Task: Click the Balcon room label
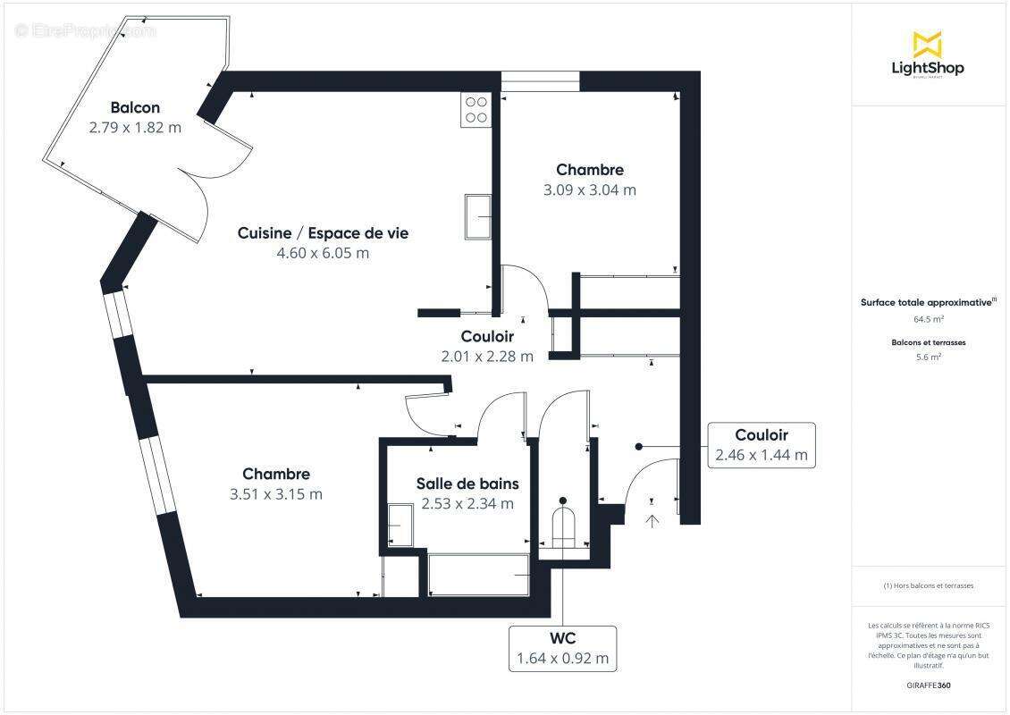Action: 135,108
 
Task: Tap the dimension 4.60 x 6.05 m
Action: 323,253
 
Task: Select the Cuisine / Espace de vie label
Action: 323,233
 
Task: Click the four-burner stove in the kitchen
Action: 476,109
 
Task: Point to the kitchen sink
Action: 478,216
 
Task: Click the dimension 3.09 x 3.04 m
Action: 590,189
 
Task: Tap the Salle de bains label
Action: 467,484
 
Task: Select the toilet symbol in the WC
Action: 562,527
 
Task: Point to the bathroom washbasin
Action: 400,525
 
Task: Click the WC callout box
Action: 562,649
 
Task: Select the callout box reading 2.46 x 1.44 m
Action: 761,445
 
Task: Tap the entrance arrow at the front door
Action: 652,520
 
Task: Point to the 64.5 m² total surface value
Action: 928,318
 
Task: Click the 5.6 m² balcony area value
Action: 928,357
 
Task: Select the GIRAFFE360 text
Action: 928,685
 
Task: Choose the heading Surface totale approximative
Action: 926,303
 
